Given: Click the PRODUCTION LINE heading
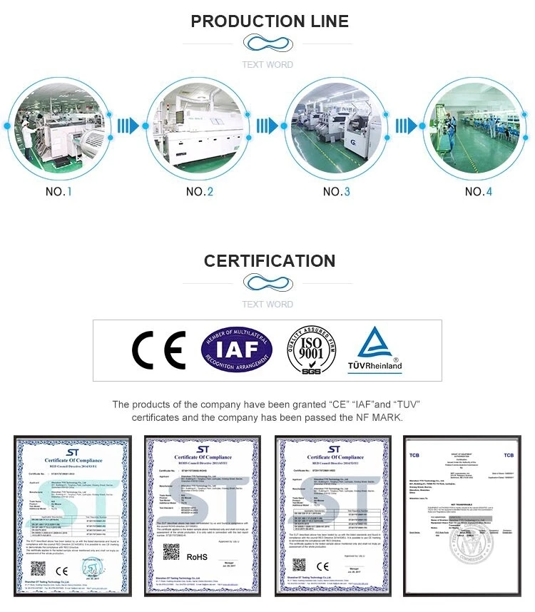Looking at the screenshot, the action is coord(270,21).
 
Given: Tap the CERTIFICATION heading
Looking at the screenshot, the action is coord(270,261).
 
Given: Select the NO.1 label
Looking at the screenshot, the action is coord(58,192).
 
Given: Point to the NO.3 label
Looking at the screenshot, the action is coord(337,192).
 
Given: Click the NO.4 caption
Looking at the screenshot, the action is coord(479,192).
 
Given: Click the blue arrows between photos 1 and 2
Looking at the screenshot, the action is coord(128,126).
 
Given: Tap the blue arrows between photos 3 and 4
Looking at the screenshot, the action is coord(404,126).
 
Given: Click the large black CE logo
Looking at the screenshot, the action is coord(158,350).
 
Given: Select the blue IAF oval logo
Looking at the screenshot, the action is coord(236,350).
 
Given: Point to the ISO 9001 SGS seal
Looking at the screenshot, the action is coord(312,350).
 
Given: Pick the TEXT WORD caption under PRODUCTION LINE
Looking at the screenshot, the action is coord(267,65).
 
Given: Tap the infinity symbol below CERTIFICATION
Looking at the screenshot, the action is coord(267,283).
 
